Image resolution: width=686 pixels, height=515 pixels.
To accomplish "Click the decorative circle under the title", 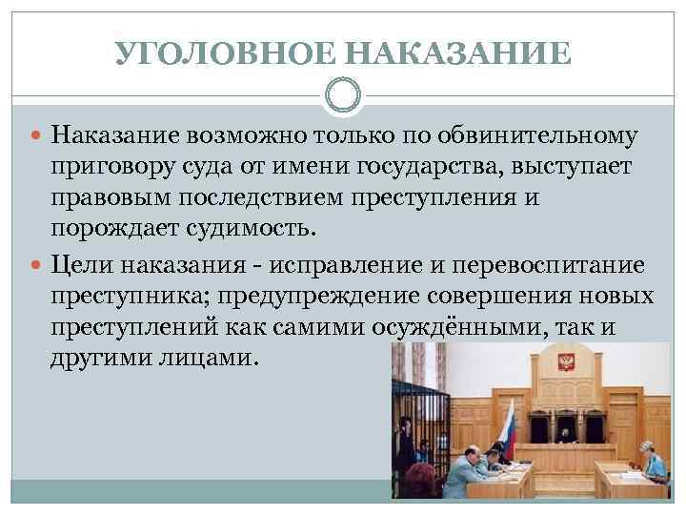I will pos(343,95).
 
